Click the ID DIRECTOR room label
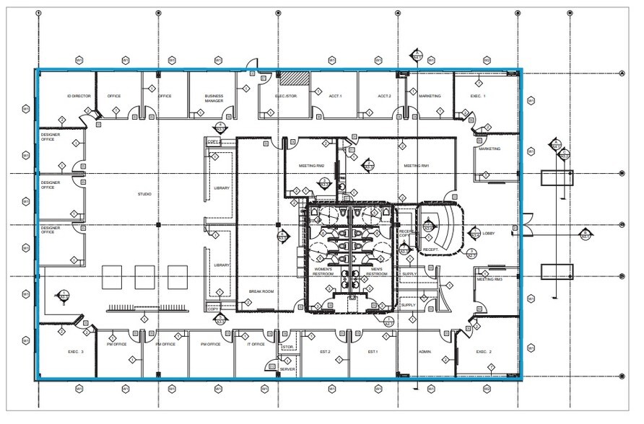click(x=79, y=96)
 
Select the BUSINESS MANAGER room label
click(x=214, y=99)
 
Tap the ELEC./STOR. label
click(x=287, y=96)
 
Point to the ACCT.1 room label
click(x=335, y=96)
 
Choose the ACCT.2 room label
click(x=384, y=96)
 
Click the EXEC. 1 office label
click(x=478, y=96)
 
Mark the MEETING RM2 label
click(x=311, y=166)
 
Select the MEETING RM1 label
click(x=417, y=166)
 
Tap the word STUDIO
click(x=144, y=194)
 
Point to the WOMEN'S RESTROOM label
click(x=323, y=272)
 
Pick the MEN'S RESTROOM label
click(x=376, y=272)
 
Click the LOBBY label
click(x=489, y=234)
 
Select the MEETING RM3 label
click(x=489, y=279)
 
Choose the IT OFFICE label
click(x=256, y=344)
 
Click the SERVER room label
click(x=287, y=368)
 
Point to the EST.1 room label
click(x=373, y=352)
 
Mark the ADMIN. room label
click(x=425, y=352)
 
